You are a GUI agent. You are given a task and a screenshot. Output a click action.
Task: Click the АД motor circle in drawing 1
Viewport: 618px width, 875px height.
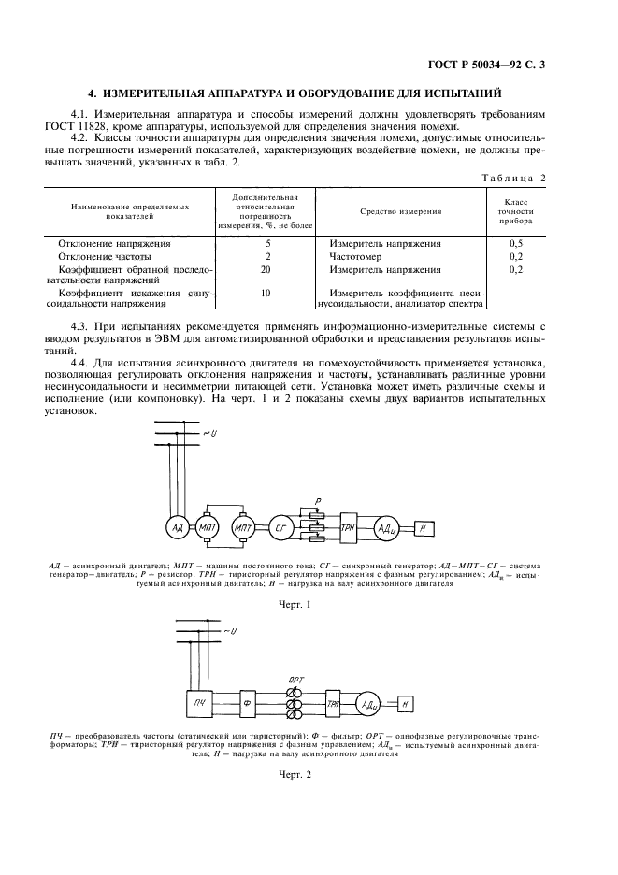pyautogui.click(x=176, y=528)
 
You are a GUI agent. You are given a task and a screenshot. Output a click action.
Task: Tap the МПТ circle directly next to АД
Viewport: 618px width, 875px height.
pyautogui.click(x=208, y=529)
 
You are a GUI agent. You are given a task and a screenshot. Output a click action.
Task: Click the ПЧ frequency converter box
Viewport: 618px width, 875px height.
pyautogui.click(x=199, y=703)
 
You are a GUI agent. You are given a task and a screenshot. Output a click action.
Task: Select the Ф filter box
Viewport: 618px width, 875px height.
pyautogui.click(x=248, y=703)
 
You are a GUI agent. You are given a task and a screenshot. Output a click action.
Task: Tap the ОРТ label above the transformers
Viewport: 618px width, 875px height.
pyautogui.click(x=295, y=676)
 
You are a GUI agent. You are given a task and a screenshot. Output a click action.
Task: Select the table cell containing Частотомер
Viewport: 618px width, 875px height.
pyautogui.click(x=355, y=255)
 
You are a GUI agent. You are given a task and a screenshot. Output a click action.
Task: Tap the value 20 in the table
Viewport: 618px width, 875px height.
pyautogui.click(x=268, y=269)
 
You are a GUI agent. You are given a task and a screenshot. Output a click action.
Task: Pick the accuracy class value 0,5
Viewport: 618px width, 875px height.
pyautogui.click(x=516, y=241)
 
